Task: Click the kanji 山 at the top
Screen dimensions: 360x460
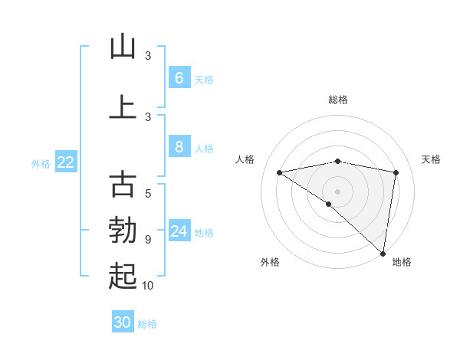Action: (x=123, y=47)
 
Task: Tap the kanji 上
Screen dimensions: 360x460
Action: (x=123, y=107)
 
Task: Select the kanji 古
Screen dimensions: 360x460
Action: (x=123, y=185)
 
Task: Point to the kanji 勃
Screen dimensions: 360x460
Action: (x=123, y=231)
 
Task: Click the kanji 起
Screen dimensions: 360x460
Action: (x=123, y=277)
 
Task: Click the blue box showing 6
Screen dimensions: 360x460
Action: (x=179, y=77)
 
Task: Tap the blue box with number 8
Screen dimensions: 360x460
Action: (x=179, y=147)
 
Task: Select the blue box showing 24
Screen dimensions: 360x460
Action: (x=179, y=231)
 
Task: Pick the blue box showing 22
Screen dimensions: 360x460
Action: (x=66, y=162)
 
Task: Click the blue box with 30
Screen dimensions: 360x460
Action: (x=123, y=322)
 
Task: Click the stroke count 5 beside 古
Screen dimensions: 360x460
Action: (x=148, y=194)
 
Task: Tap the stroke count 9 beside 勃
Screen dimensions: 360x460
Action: (x=148, y=240)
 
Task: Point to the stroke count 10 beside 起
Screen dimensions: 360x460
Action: (x=148, y=286)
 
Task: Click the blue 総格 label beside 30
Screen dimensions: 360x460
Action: (x=147, y=324)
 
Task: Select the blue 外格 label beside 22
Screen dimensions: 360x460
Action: (x=41, y=163)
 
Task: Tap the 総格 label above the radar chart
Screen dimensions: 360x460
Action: (x=337, y=100)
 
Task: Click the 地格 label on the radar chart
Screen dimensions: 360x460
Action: (x=402, y=262)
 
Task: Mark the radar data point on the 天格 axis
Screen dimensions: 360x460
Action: (x=396, y=172)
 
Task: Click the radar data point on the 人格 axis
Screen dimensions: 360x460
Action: (x=279, y=172)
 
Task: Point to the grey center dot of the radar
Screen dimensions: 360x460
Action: (x=337, y=191)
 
